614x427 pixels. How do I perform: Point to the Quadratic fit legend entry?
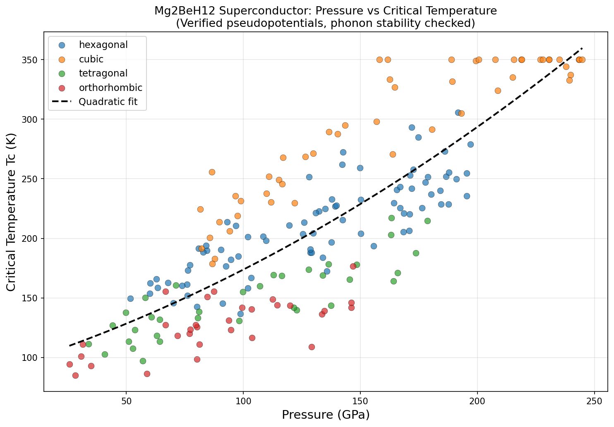[108, 102]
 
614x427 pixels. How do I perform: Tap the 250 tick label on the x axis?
[595, 401]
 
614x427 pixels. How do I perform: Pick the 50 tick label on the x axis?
[126, 401]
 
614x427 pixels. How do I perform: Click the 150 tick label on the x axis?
[360, 401]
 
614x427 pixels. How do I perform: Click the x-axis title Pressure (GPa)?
[326, 415]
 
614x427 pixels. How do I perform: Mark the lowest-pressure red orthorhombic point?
[70, 364]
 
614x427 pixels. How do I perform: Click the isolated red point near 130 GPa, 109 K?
[312, 347]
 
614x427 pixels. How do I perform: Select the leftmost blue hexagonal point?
[130, 298]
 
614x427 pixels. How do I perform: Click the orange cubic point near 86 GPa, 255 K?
[212, 172]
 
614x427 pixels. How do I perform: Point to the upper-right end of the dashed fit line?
[582, 48]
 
